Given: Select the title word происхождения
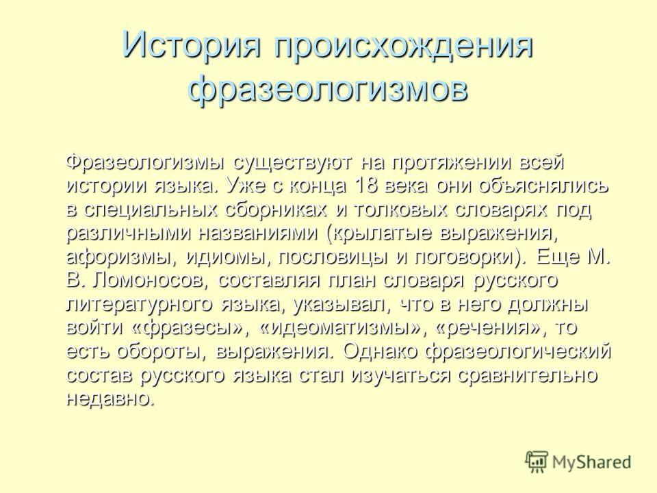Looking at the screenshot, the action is click(404, 47).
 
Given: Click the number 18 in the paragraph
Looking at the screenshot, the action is click(365, 186).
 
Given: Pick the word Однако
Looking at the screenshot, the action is click(380, 351).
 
